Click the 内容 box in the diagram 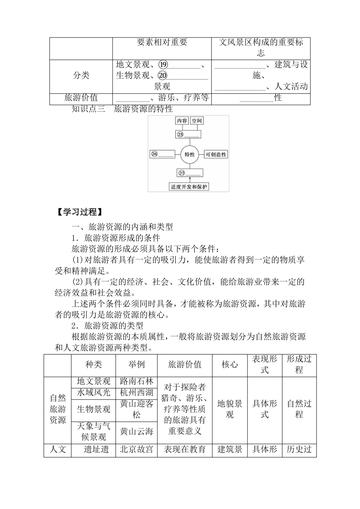[182, 121]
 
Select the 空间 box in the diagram [197, 121]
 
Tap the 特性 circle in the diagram [189, 154]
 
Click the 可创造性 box [216, 154]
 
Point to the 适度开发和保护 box [189, 187]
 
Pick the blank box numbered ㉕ [188, 134]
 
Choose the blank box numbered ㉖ [163, 154]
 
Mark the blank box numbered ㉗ [189, 173]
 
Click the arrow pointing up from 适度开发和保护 [189, 180]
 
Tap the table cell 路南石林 [136, 381]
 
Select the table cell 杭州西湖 [136, 392]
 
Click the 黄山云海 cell [136, 432]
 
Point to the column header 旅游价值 [185, 365]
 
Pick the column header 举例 [136, 365]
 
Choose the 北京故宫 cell [136, 450]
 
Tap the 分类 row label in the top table [81, 75]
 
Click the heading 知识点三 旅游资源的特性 [122, 109]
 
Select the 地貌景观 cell [230, 409]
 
